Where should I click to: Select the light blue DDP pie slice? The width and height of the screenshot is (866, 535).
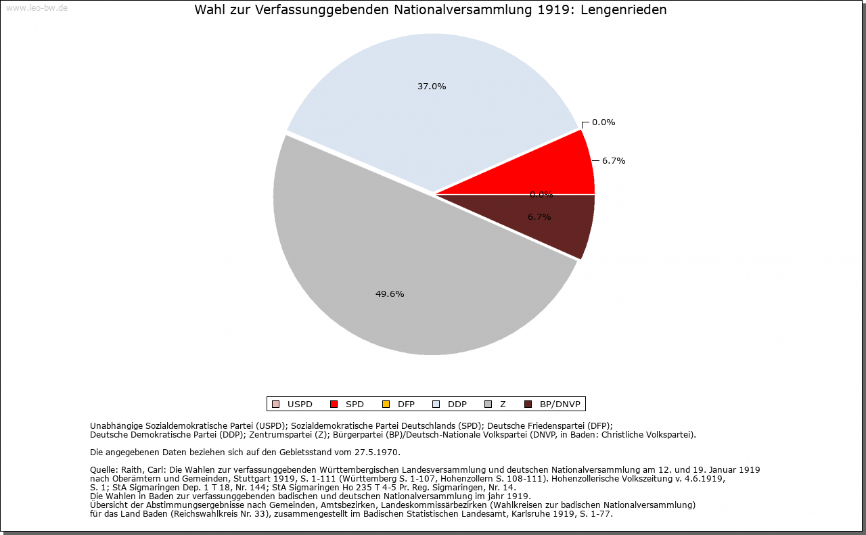[433, 108]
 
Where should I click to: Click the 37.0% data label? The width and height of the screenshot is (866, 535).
[432, 87]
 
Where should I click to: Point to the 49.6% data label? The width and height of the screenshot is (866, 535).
[390, 294]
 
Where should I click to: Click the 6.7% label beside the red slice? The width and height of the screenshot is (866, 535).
[614, 161]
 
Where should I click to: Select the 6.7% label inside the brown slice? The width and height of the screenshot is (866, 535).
[539, 217]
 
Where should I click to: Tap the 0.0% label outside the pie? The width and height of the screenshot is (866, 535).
[603, 122]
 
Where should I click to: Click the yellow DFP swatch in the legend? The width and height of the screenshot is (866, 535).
[386, 404]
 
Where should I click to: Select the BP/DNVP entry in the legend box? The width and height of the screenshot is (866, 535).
[560, 404]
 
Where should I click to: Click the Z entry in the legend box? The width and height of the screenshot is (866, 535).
[503, 404]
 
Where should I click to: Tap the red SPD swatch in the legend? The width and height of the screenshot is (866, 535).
[334, 404]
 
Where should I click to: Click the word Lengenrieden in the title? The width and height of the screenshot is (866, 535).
[629, 10]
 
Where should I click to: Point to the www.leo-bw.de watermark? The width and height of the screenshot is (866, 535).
[36, 8]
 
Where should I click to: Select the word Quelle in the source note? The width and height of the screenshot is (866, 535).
[104, 469]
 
